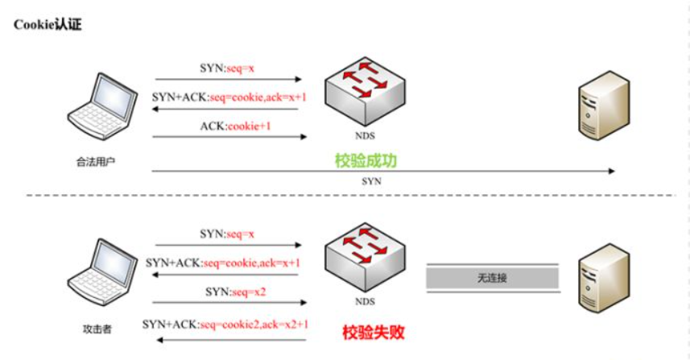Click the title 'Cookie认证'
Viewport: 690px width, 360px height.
point(48,25)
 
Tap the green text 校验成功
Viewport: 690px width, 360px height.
point(366,160)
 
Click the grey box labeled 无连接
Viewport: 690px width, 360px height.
point(491,278)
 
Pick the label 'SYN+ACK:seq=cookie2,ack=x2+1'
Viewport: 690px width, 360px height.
point(225,325)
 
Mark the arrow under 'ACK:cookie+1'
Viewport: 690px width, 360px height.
point(229,137)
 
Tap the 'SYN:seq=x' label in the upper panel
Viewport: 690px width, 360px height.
point(227,68)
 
